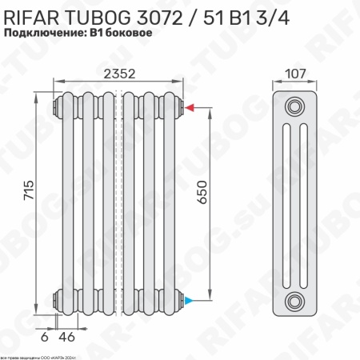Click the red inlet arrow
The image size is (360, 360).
[x=189, y=107]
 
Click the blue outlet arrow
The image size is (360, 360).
[x=189, y=301]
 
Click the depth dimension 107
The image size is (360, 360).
[x=295, y=74]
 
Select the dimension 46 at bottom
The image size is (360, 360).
[x=67, y=337]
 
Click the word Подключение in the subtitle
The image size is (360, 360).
[x=42, y=33]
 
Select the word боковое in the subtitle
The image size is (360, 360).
[x=127, y=33]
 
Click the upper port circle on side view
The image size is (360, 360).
[x=296, y=107]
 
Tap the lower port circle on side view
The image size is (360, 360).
[x=296, y=301]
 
